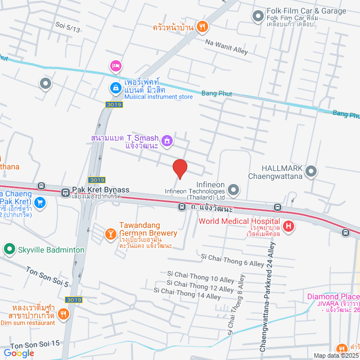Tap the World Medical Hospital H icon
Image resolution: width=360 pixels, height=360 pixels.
288,227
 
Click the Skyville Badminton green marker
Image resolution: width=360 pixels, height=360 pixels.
9,249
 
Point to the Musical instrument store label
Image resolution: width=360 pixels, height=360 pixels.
159,97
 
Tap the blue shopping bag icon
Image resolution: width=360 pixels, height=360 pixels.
115,88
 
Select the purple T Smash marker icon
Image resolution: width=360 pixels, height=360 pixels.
166,139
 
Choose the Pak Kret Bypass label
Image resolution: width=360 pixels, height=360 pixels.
101,190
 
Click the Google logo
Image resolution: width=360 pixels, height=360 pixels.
18,353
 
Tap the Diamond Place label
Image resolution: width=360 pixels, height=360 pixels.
332,297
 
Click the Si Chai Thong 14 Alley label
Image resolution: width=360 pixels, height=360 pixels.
190,296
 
